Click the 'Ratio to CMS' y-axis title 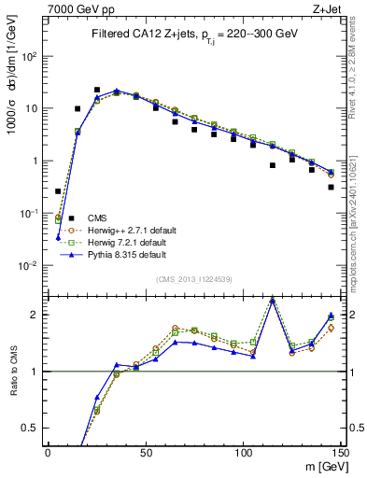12,369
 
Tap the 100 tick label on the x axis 243,453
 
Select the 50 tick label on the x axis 145,453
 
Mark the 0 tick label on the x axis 48,453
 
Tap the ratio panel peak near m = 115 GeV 272,299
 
